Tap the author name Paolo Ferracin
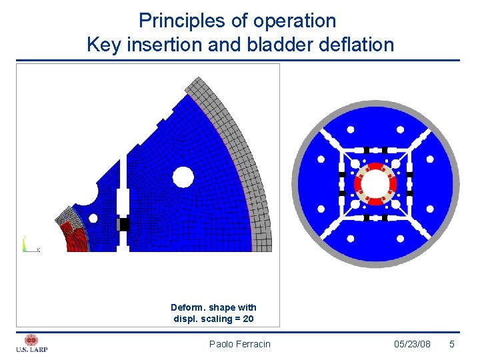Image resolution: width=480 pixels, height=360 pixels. pos(240,344)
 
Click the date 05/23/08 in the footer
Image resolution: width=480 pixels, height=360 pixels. pos(412,344)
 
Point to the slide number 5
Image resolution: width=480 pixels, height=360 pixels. pos(452,344)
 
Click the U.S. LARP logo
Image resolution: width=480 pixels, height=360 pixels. pos(31,343)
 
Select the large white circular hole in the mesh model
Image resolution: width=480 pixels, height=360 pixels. pos(182,177)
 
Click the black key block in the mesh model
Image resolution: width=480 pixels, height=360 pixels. pos(123,225)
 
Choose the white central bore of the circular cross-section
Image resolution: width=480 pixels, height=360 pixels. pos(375,183)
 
